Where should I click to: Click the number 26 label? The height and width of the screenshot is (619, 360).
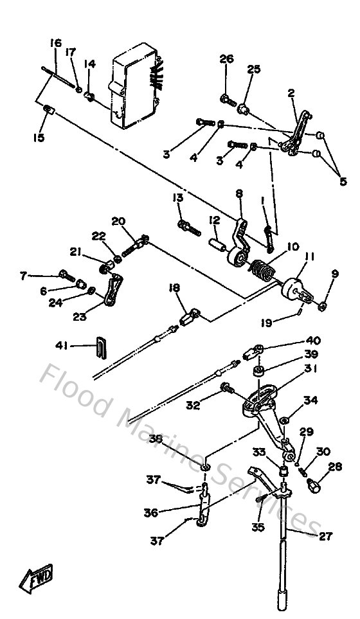pos(226,59)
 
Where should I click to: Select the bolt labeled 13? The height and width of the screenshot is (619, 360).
pos(188,226)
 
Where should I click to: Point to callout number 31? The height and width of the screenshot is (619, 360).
pos(311,368)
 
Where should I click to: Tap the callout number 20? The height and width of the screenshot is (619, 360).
pos(118,220)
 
